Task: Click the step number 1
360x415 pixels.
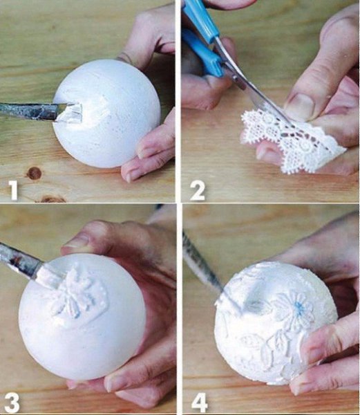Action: pyautogui.click(x=13, y=190)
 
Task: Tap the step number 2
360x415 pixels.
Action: pyautogui.click(x=198, y=191)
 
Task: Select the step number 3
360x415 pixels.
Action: pyautogui.click(x=11, y=403)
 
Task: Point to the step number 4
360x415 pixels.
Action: pyautogui.click(x=199, y=403)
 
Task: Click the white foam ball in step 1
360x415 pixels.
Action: pyautogui.click(x=107, y=114)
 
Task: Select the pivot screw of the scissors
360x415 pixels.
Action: pyautogui.click(x=235, y=77)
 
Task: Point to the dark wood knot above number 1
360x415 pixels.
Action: pyautogui.click(x=34, y=173)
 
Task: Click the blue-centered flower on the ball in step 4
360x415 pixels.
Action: pyautogui.click(x=296, y=310)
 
